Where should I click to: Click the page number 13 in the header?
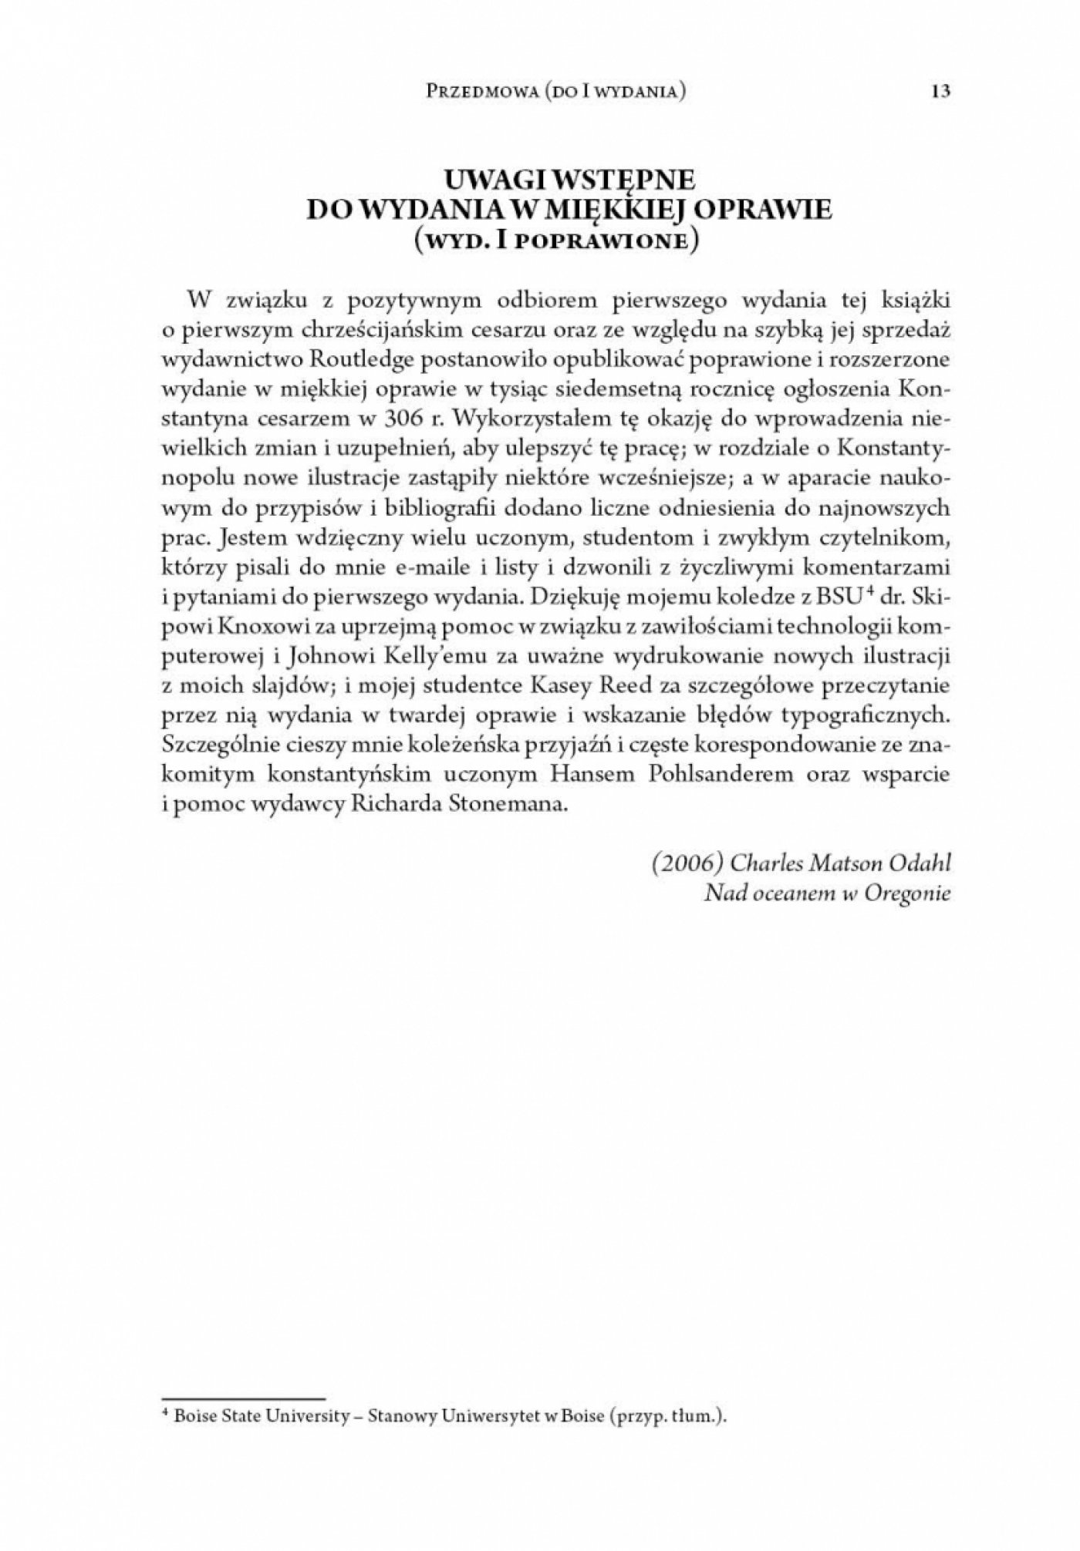940,91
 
